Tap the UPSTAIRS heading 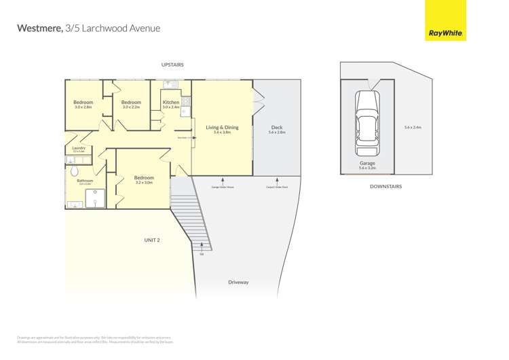(x=172, y=65)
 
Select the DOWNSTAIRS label (x=385, y=186)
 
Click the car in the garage (x=367, y=123)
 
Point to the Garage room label (x=367, y=163)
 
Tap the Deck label (x=277, y=127)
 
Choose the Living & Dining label (x=222, y=127)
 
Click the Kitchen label (x=171, y=103)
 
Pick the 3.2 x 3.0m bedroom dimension (x=144, y=183)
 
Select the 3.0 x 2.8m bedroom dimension (x=83, y=107)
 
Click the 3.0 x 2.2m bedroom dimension (x=131, y=107)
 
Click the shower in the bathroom (x=94, y=198)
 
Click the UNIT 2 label (x=152, y=240)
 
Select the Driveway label (x=238, y=282)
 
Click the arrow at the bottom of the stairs (x=202, y=247)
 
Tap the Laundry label (x=78, y=147)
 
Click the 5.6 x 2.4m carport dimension (x=413, y=127)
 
